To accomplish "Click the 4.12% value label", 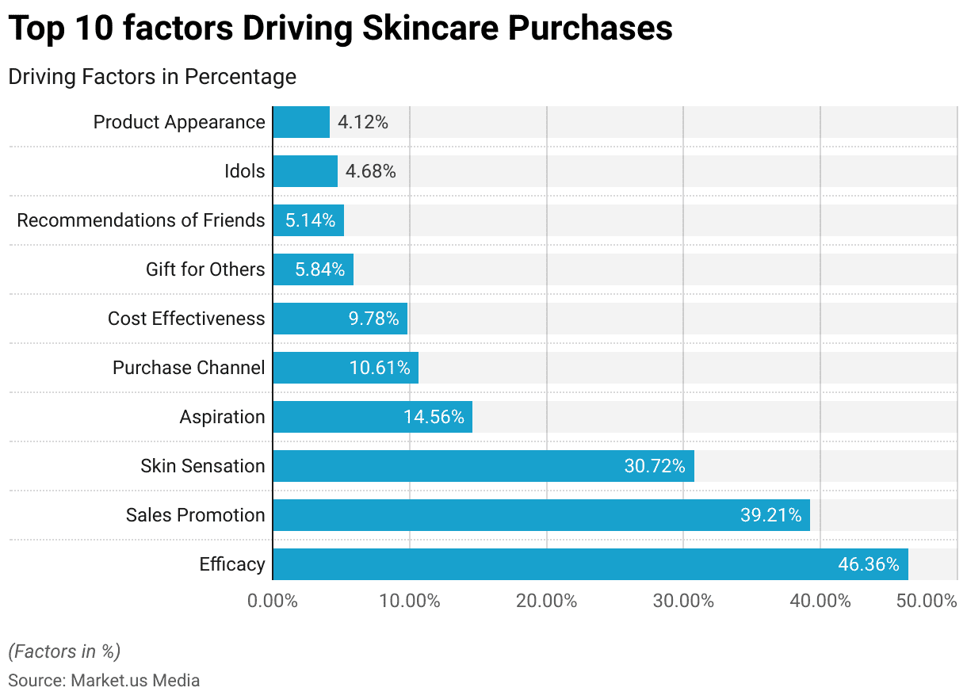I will click(x=363, y=122).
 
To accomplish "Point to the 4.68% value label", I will click(x=370, y=171).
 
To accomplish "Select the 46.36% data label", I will click(x=869, y=564).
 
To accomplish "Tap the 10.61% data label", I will click(x=380, y=368).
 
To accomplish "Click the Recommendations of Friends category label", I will click(x=141, y=220).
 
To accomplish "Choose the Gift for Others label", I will click(x=205, y=269).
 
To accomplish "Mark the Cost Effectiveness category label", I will click(x=186, y=319).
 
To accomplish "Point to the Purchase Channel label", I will click(x=189, y=368).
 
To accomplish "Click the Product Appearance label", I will click(x=179, y=122).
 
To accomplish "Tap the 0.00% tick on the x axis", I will click(x=273, y=601).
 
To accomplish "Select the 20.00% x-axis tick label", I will click(x=547, y=601).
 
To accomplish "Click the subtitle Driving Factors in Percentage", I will click(x=152, y=77).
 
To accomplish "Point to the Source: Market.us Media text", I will click(x=104, y=680).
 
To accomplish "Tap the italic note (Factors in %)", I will click(x=64, y=651).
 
